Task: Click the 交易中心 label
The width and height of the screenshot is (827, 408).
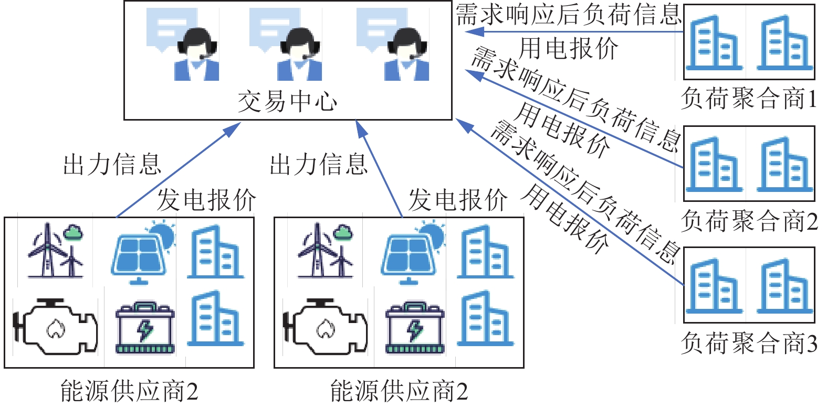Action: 287,101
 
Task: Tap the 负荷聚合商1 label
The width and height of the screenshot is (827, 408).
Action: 749,99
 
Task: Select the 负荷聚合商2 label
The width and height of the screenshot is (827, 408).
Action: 749,221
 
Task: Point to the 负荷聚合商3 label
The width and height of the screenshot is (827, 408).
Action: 749,343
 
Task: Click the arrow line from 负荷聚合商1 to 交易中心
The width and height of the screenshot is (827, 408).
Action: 578,32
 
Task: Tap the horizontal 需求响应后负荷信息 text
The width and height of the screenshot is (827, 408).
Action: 568,14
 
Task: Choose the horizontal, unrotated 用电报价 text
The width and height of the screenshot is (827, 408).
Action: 568,49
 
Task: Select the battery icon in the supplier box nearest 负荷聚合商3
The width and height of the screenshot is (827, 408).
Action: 415,327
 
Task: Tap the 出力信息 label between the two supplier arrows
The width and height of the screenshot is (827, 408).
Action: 318,164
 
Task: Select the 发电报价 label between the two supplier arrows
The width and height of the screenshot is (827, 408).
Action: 206,200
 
